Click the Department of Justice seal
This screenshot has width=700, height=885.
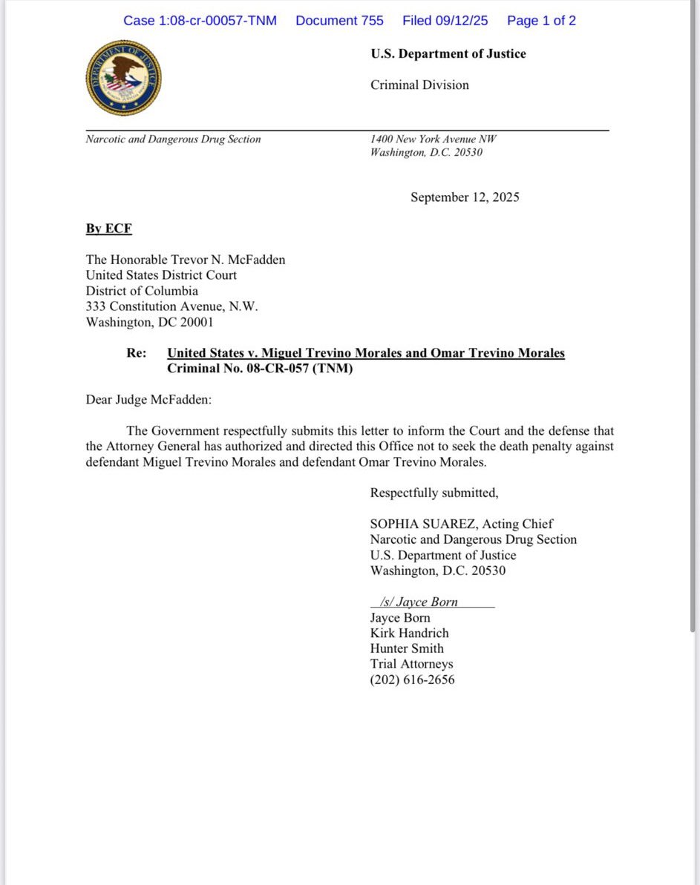coord(123,78)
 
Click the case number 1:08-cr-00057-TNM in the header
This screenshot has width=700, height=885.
coord(200,21)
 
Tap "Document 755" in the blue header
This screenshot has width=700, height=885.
coord(339,21)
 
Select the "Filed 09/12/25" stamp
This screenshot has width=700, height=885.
coord(445,21)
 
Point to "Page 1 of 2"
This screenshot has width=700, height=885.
coord(541,21)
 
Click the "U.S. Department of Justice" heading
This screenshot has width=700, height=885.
coord(448,54)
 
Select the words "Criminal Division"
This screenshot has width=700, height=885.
coord(419,85)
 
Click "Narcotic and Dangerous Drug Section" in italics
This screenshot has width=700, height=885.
coord(173,139)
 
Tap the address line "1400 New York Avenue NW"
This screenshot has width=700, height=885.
coord(434,139)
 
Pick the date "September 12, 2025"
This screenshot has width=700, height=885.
coord(465,197)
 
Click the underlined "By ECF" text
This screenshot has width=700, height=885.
coord(108,228)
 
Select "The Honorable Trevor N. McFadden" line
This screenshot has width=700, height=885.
coord(186,260)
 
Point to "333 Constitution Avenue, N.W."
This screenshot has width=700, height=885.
coord(172,306)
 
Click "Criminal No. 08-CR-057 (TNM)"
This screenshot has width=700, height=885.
coord(259,369)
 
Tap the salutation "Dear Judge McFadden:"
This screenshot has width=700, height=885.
coord(148,400)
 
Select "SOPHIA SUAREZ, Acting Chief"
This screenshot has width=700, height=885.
coord(462,524)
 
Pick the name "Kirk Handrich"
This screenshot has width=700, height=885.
coord(409,633)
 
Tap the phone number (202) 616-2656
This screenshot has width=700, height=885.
coord(412,680)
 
